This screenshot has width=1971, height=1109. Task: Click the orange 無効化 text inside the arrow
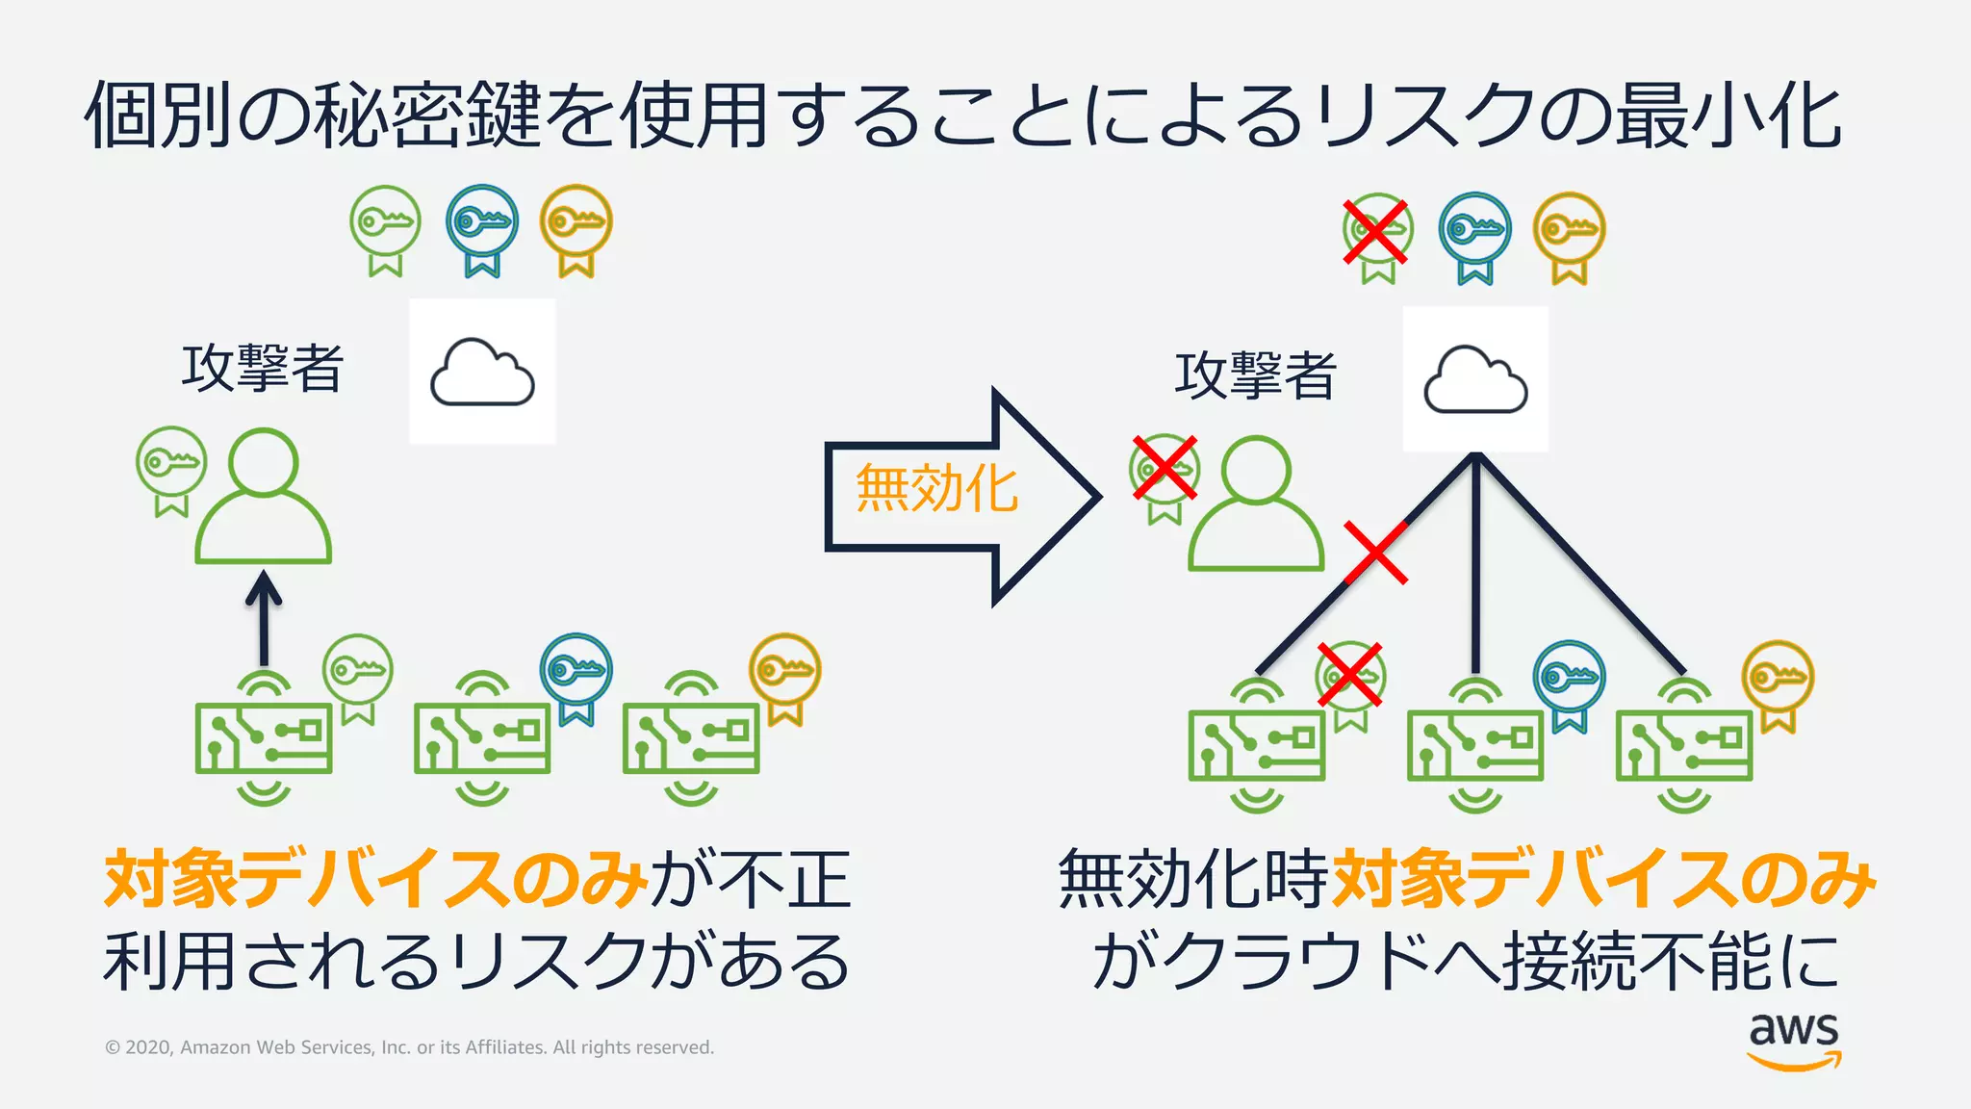pyautogui.click(x=935, y=489)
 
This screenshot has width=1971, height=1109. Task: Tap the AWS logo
pyautogui.click(x=1794, y=1040)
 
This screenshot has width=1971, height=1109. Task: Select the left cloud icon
pyautogui.click(x=482, y=373)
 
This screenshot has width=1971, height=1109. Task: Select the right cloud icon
pyautogui.click(x=1475, y=380)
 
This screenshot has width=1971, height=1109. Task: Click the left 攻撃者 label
pyautogui.click(x=262, y=368)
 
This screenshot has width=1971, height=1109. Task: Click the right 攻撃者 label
pyautogui.click(x=1255, y=374)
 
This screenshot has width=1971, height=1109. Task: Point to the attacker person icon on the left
pyautogui.click(x=264, y=498)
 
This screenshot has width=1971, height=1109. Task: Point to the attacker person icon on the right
pyautogui.click(x=1256, y=505)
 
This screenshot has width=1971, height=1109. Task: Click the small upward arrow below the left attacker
pyautogui.click(x=264, y=616)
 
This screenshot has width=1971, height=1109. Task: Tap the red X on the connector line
pyautogui.click(x=1375, y=553)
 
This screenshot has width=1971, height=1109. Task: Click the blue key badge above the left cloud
pyautogui.click(x=482, y=229)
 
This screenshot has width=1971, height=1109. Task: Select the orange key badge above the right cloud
pyautogui.click(x=1569, y=237)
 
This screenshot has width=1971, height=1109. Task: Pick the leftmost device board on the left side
pyautogui.click(x=264, y=738)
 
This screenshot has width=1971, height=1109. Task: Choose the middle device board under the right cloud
pyautogui.click(x=1474, y=745)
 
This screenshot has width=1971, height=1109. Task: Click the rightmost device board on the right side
pyautogui.click(x=1683, y=745)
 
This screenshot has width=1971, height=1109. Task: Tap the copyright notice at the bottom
pyautogui.click(x=409, y=1047)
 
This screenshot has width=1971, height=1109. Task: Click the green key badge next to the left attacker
pyautogui.click(x=171, y=468)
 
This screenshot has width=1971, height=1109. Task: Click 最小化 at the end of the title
pyautogui.click(x=1728, y=116)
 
